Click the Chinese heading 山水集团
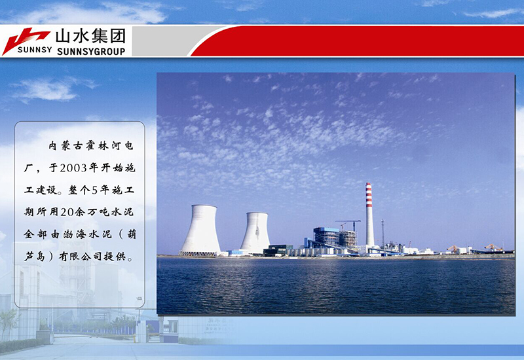click(x=91, y=35)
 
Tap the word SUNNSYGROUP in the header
click(x=91, y=50)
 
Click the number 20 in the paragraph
click(x=65, y=212)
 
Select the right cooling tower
click(x=255, y=232)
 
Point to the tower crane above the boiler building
click(x=348, y=223)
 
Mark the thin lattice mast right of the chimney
click(x=383, y=232)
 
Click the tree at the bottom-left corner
click(x=8, y=324)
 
